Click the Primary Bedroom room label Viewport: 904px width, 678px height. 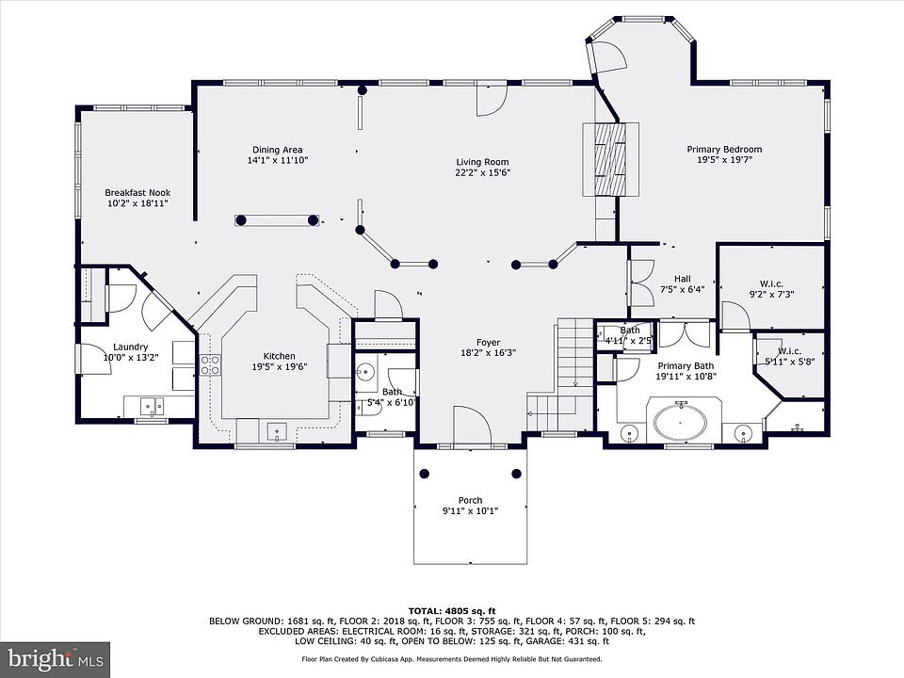click(x=724, y=150)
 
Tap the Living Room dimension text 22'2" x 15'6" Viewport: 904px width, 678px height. click(x=482, y=172)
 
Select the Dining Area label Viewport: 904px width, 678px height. click(x=277, y=150)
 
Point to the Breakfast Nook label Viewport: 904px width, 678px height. click(x=137, y=192)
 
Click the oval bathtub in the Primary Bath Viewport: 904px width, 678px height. click(x=680, y=423)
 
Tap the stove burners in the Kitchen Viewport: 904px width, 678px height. click(x=210, y=365)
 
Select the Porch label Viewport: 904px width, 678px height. click(x=471, y=500)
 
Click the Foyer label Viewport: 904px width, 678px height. click(x=488, y=343)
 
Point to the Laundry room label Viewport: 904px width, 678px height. click(x=130, y=347)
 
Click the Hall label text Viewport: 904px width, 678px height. click(x=682, y=279)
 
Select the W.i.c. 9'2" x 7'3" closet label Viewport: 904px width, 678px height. click(x=771, y=288)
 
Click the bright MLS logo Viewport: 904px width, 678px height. click(x=56, y=658)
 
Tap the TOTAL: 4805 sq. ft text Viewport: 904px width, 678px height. click(x=452, y=611)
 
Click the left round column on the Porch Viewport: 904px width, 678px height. click(x=425, y=474)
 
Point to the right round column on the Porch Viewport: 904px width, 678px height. click(x=516, y=474)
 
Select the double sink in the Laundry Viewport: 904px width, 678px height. click(x=153, y=406)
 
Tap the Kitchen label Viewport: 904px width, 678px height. click(x=279, y=356)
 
